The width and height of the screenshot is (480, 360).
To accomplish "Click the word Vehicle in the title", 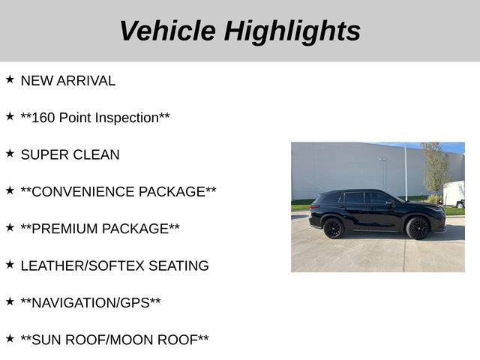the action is pyautogui.click(x=168, y=31).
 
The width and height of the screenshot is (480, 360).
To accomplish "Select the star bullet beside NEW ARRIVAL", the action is pyautogui.click(x=10, y=79).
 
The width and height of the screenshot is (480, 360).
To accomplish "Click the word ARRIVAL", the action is pyautogui.click(x=86, y=81).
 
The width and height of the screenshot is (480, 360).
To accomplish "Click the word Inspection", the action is pyautogui.click(x=128, y=118).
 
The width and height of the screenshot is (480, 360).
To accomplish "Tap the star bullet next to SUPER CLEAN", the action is pyautogui.click(x=10, y=153).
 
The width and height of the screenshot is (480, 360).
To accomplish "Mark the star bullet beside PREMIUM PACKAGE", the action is pyautogui.click(x=10, y=227).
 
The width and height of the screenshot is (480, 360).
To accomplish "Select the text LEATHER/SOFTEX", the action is pyautogui.click(x=82, y=265).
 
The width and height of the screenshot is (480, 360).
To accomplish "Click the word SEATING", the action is pyautogui.click(x=178, y=265).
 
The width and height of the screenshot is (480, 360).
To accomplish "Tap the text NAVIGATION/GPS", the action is pyautogui.click(x=91, y=303).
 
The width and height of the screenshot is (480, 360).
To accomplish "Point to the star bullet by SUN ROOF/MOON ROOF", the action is pyautogui.click(x=10, y=338).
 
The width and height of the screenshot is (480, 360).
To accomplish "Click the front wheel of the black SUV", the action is pyautogui.click(x=418, y=228).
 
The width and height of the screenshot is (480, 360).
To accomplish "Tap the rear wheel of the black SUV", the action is pyautogui.click(x=333, y=228).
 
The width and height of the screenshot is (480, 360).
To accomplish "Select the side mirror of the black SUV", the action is pyautogui.click(x=390, y=203).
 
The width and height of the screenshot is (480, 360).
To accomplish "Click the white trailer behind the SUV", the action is pyautogui.click(x=454, y=194).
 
